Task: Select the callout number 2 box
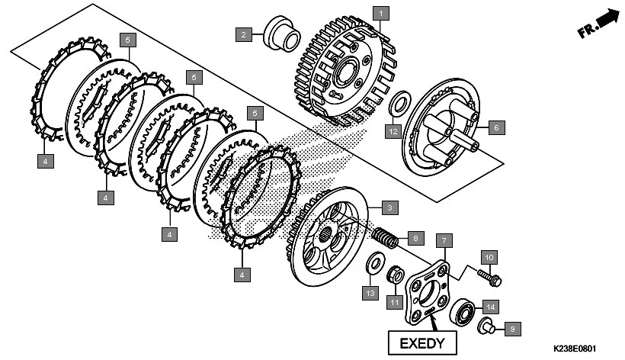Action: pyautogui.click(x=243, y=34)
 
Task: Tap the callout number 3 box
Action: pyautogui.click(x=388, y=207)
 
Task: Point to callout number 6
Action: pyautogui.click(x=493, y=127)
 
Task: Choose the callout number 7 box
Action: pyautogui.click(x=440, y=240)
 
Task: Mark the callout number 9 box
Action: pyautogui.click(x=512, y=329)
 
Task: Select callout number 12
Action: pyautogui.click(x=392, y=131)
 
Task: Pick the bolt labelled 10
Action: pyautogui.click(x=489, y=277)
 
